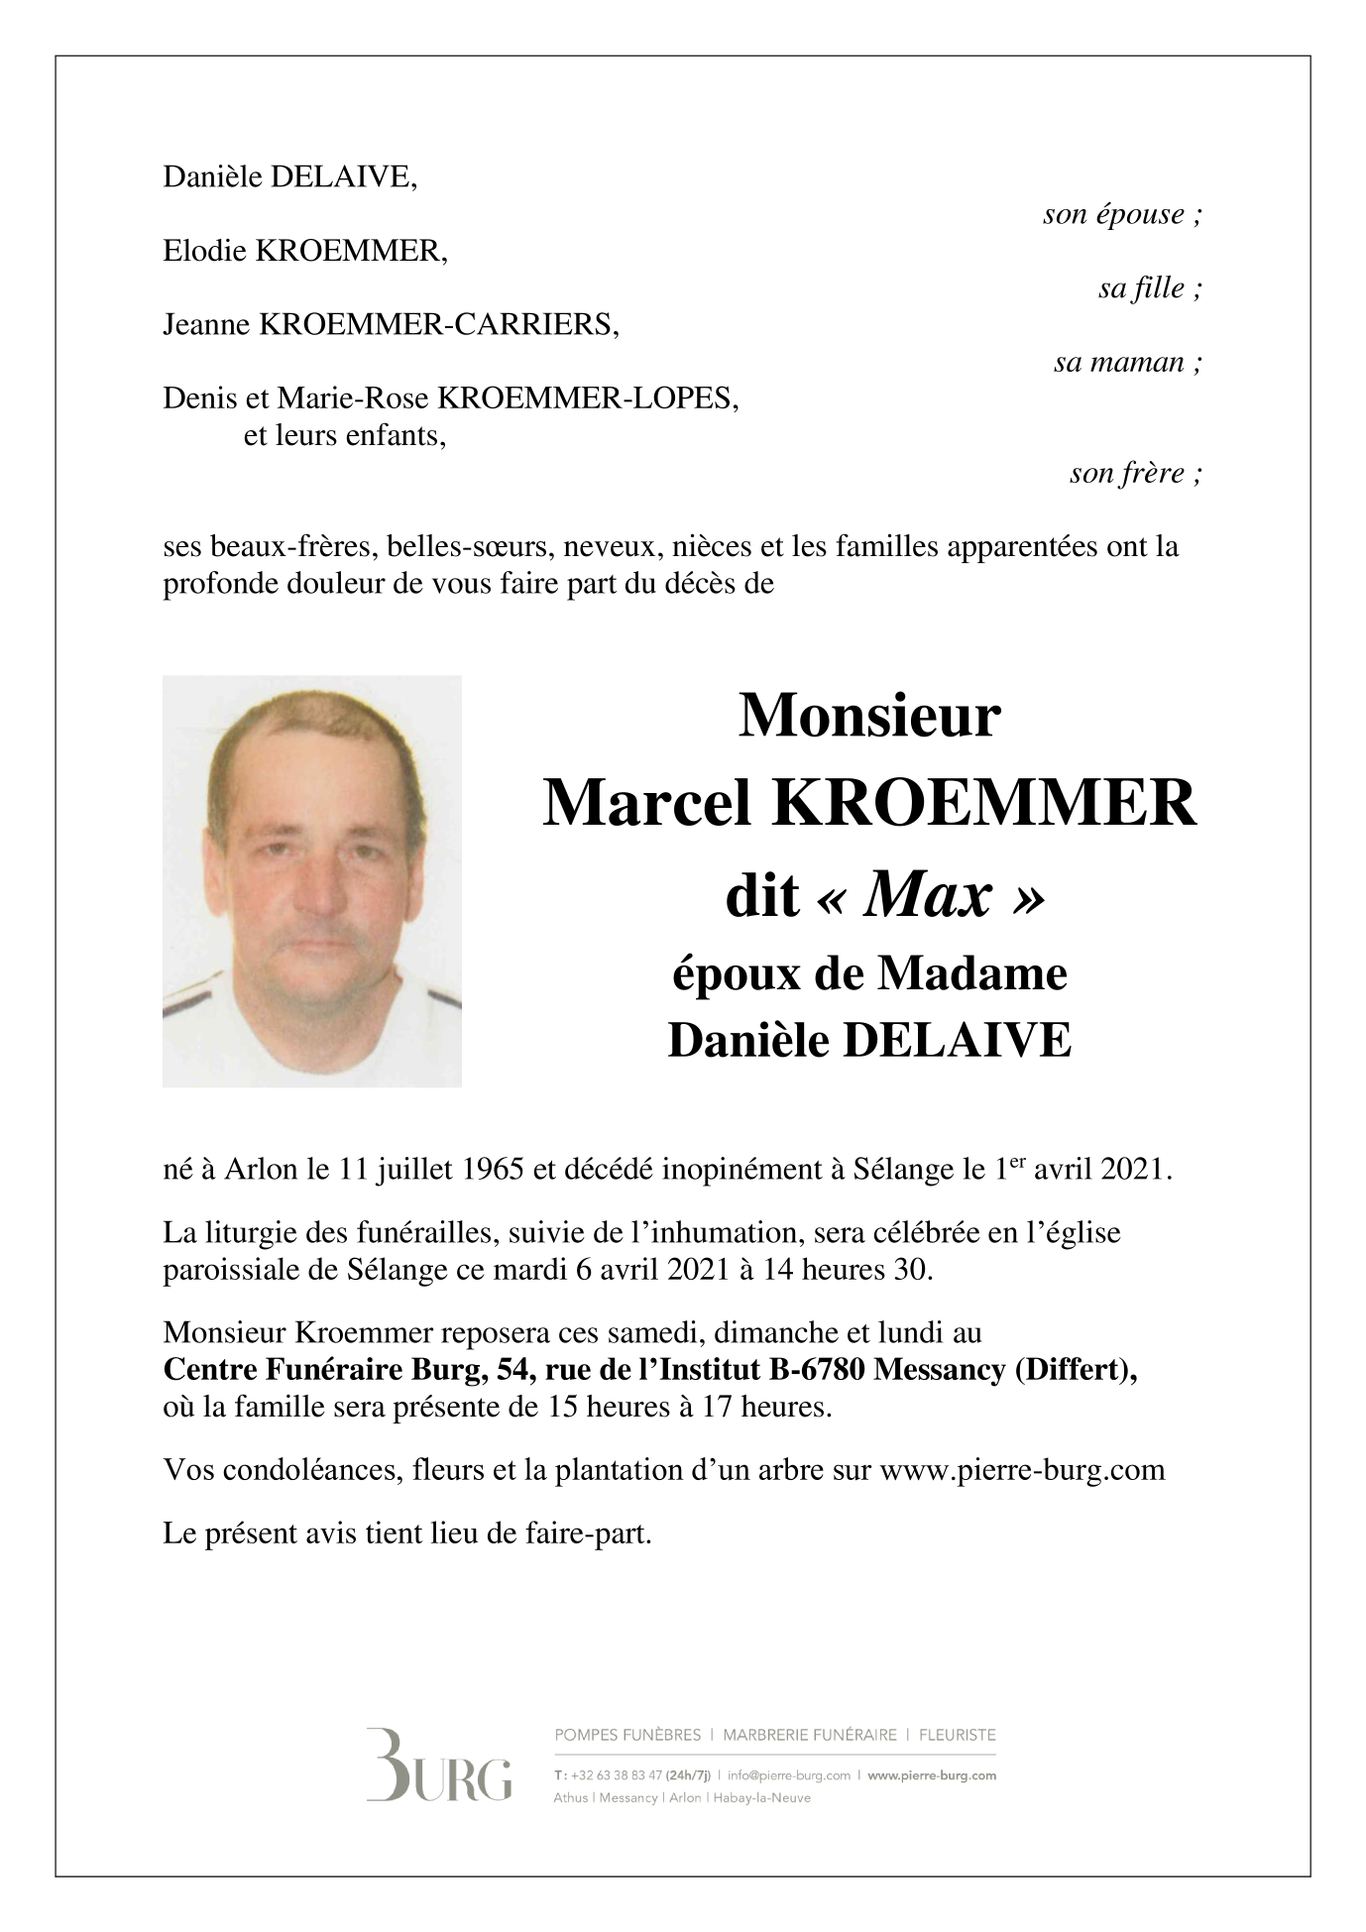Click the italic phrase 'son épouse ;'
pyautogui.click(x=1122, y=215)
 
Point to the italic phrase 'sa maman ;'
pyautogui.click(x=1128, y=363)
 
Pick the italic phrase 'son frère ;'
pyautogui.click(x=1136, y=474)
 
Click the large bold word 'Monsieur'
pyautogui.click(x=869, y=716)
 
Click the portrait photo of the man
pyautogui.click(x=312, y=881)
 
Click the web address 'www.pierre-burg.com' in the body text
pyautogui.click(x=1022, y=1469)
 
